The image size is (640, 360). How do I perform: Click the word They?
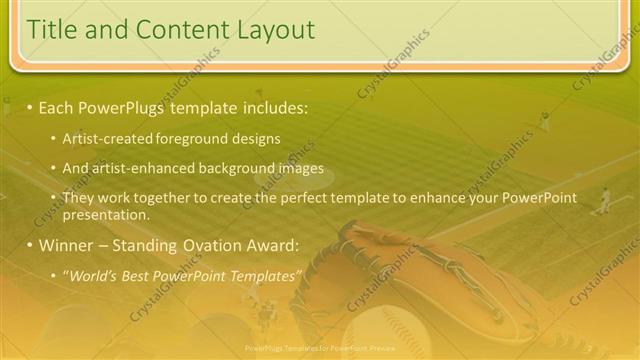(x=78, y=197)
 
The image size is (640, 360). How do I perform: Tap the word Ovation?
(x=204, y=244)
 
